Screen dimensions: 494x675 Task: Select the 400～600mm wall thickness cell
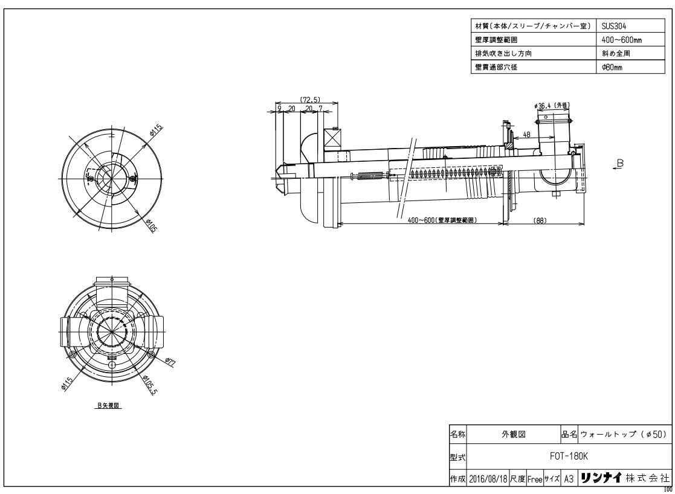616,40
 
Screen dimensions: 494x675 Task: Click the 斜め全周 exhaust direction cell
613,54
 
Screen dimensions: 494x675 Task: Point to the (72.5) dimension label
309,99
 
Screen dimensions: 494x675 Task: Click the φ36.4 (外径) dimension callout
552,106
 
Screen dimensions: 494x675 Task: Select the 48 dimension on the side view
527,135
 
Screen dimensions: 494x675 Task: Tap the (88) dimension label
540,220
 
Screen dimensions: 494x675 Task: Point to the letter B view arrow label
620,164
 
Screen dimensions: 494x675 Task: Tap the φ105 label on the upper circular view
150,227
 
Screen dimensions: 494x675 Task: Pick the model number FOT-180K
563,457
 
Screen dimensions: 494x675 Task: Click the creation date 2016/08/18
488,478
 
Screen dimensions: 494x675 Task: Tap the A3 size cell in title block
568,478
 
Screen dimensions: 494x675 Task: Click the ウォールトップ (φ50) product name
623,434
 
